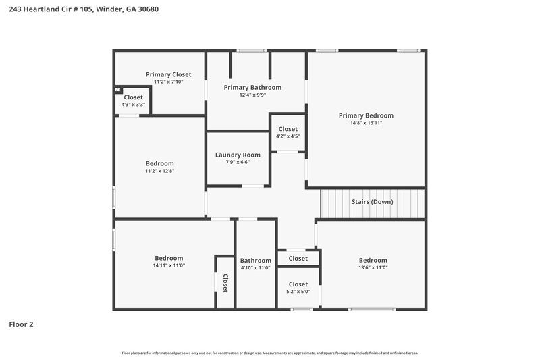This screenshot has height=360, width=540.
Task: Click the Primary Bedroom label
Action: (366, 115)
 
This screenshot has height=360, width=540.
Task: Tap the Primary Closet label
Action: (168, 74)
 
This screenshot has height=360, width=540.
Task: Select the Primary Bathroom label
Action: (252, 87)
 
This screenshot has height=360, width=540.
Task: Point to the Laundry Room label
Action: (238, 155)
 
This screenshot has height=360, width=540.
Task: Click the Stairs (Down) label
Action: (372, 201)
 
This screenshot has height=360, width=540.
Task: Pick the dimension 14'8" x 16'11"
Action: (366, 123)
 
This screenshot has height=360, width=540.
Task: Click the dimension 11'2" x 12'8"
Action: (159, 171)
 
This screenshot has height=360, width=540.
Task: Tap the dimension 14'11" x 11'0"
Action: (169, 265)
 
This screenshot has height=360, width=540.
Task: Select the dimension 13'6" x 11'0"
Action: (373, 267)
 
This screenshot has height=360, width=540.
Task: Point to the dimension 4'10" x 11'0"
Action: (255, 268)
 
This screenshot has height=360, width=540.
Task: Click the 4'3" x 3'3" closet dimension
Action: (133, 105)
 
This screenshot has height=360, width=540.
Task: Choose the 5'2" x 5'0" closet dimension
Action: (298, 292)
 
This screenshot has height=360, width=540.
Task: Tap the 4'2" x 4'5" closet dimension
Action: (288, 136)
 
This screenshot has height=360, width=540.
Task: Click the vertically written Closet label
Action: (225, 282)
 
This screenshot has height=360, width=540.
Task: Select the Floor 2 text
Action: (21, 324)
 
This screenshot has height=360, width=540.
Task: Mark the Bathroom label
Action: (255, 261)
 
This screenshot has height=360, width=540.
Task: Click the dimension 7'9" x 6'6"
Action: (238, 162)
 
